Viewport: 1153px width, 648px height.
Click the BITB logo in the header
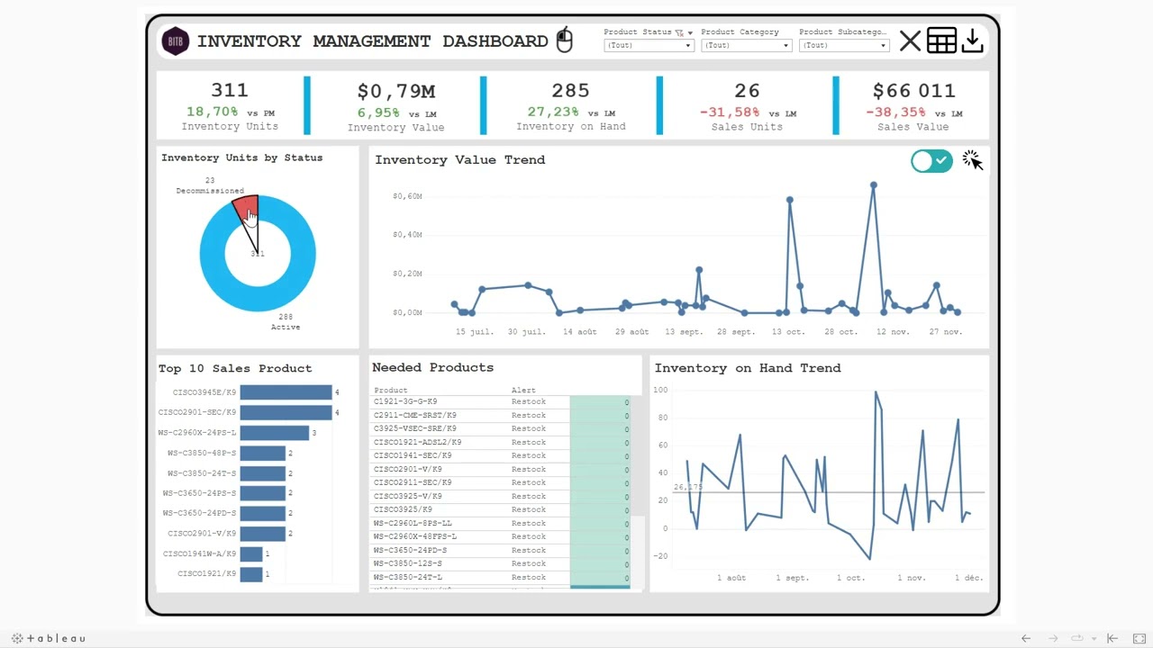pyautogui.click(x=176, y=41)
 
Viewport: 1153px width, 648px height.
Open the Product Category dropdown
pyautogui.click(x=746, y=45)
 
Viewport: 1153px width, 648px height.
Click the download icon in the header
pyautogui.click(x=972, y=41)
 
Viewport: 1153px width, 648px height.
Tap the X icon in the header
pyautogui.click(x=910, y=41)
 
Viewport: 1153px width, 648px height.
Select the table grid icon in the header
pyautogui.click(x=941, y=41)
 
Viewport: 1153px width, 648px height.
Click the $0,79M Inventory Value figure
pyautogui.click(x=395, y=91)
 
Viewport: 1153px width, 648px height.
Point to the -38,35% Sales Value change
pyautogui.click(x=894, y=112)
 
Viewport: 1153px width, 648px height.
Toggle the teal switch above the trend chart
pyautogui.click(x=931, y=161)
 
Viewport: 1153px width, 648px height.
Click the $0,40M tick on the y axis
pyautogui.click(x=407, y=235)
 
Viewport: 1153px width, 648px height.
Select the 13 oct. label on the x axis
pyautogui.click(x=788, y=332)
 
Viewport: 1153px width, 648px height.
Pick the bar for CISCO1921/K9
pyautogui.click(x=251, y=574)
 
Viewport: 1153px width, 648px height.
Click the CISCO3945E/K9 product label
pyautogui.click(x=204, y=392)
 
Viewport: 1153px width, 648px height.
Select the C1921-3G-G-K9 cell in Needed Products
pyautogui.click(x=405, y=401)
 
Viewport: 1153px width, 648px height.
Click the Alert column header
pyautogui.click(x=523, y=391)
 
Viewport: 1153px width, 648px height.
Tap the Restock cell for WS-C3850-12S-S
pyautogui.click(x=528, y=563)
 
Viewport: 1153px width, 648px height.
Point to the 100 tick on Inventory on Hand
pyautogui.click(x=660, y=390)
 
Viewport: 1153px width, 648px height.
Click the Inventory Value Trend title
pyautogui.click(x=459, y=160)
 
